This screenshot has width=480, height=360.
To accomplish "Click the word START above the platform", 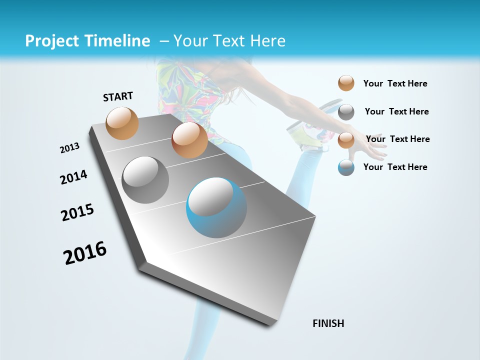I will pos(118,96).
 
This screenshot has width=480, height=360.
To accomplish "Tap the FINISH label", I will pos(328,323).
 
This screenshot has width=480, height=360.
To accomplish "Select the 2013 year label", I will pos(70,148).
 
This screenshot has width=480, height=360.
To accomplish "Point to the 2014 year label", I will pos(73,177).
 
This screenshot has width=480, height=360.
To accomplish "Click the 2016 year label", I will pos(85,253).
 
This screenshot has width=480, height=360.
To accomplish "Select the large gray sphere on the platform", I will pos(145,179).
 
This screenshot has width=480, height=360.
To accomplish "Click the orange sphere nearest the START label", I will pos(122,123).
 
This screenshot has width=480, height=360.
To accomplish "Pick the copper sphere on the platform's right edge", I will pos(189,140).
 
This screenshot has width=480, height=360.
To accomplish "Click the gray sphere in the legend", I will pos(346,112).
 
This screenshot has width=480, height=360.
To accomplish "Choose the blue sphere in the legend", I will pos(346,167).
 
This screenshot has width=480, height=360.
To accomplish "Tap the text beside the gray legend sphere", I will pos(396,111).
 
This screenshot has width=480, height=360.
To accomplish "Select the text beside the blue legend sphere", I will pos(395,167).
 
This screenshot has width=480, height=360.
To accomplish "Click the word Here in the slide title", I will pos(267,41).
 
